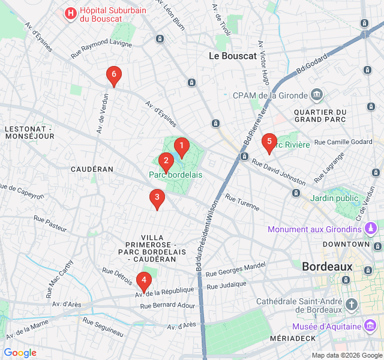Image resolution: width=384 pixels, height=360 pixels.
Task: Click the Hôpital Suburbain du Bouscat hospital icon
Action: click(x=71, y=13)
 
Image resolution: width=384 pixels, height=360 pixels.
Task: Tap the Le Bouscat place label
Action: click(x=232, y=56)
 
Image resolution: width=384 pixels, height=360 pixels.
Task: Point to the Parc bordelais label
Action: click(x=175, y=175)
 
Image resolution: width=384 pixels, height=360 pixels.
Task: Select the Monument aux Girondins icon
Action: click(x=371, y=229)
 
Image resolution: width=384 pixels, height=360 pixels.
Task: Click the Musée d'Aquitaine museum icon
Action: click(x=371, y=326)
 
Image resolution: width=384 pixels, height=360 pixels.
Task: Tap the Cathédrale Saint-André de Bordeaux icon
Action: click(x=351, y=305)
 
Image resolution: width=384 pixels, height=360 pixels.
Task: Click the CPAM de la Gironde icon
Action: click(x=317, y=94)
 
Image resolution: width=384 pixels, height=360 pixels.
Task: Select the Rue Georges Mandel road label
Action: click(x=235, y=269)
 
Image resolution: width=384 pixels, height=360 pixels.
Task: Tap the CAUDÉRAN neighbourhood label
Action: click(x=92, y=169)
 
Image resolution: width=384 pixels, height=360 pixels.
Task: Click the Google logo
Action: click(x=20, y=353)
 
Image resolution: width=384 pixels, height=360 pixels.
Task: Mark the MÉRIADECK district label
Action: click(x=293, y=339)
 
